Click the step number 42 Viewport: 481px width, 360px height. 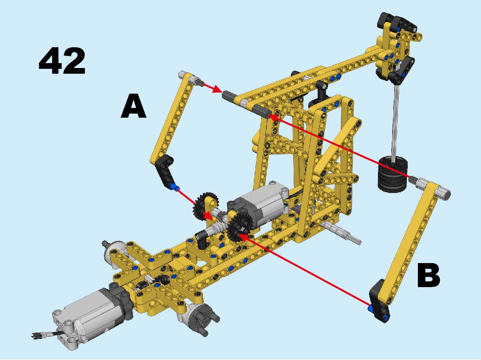pos(62,61)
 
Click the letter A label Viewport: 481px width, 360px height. pos(134,106)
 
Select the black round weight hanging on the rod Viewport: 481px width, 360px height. pos(393,174)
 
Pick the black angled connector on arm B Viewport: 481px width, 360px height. pos(380,301)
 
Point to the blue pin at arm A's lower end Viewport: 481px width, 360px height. pos(175,187)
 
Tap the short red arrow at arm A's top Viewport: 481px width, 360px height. pos(212,88)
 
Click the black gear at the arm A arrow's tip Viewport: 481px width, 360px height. pos(205,205)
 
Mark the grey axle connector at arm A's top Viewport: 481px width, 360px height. pos(189,77)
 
